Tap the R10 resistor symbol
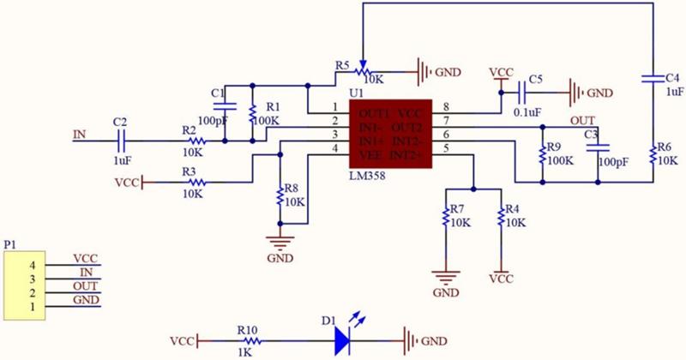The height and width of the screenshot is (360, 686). click(x=248, y=340)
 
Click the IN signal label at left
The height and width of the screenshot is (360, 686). click(x=80, y=134)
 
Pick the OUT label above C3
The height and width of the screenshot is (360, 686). click(x=582, y=119)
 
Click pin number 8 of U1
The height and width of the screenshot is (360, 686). click(x=446, y=107)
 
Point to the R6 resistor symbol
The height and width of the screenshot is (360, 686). click(x=653, y=155)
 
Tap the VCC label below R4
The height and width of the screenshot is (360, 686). click(x=501, y=279)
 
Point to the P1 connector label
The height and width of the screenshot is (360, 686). click(x=9, y=245)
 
